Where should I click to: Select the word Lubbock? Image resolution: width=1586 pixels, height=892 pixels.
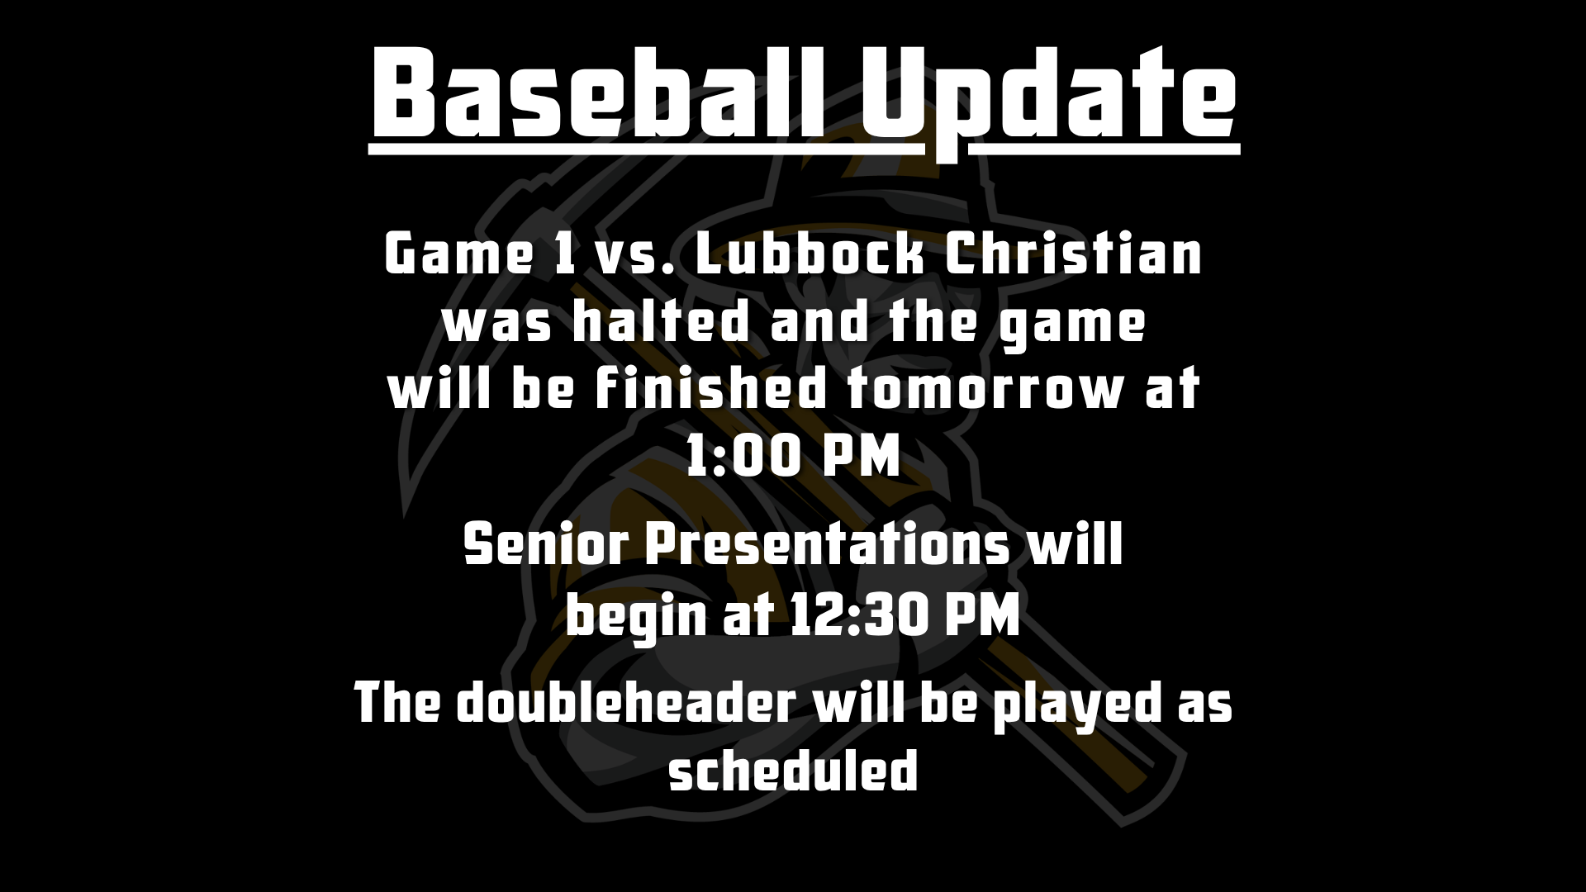(x=807, y=256)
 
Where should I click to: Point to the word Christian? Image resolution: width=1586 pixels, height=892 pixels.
(x=1072, y=256)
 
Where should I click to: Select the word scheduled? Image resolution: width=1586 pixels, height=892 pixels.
(x=793, y=771)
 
